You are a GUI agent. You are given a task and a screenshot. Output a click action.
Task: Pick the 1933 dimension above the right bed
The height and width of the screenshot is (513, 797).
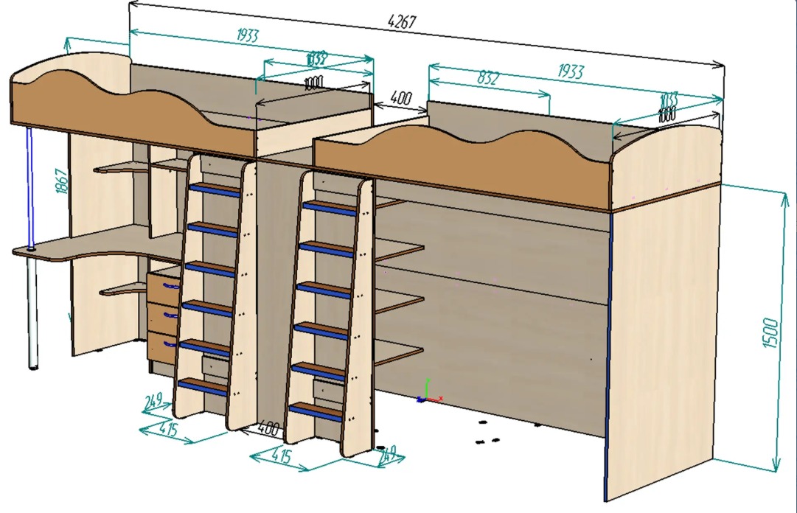click(571, 71)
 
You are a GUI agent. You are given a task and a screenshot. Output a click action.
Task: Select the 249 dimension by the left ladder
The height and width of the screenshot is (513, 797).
click(153, 402)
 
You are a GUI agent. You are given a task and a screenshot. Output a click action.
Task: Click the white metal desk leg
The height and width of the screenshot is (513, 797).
click(32, 310)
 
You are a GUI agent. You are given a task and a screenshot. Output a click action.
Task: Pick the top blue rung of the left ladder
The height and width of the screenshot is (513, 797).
click(215, 189)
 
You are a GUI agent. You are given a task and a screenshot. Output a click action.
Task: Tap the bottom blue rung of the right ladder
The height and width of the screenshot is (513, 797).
click(314, 408)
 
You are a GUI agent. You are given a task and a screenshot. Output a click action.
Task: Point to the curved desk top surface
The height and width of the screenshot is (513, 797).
click(96, 247)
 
